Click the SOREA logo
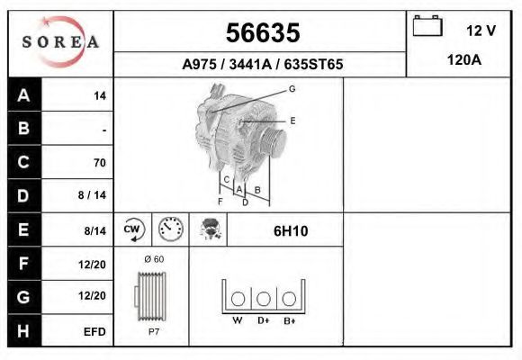[x=60, y=43]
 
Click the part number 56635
[x=262, y=33]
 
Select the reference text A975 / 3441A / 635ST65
[x=262, y=65]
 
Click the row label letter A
[x=24, y=94]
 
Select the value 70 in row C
[x=99, y=163]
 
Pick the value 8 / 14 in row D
[x=93, y=195]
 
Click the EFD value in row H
[x=95, y=331]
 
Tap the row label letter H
[x=24, y=330]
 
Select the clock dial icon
[x=170, y=230]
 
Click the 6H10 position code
[x=291, y=231]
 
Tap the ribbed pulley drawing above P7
[x=151, y=296]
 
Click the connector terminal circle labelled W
[x=238, y=299]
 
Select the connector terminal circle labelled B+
[x=289, y=299]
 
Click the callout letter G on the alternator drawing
[x=292, y=89]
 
